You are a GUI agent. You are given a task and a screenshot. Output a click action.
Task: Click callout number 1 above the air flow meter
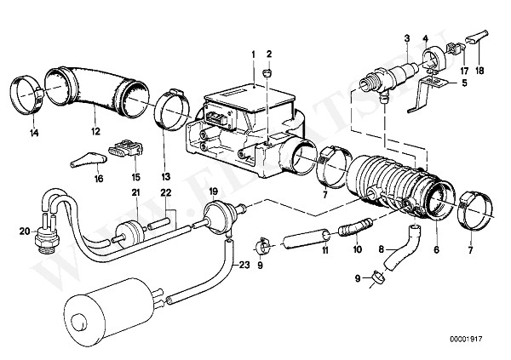pyautogui.click(x=253, y=55)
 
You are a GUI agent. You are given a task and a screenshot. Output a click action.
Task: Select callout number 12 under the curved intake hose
pyautogui.click(x=96, y=133)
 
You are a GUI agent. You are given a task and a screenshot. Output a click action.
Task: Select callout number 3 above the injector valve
pyautogui.click(x=407, y=38)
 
